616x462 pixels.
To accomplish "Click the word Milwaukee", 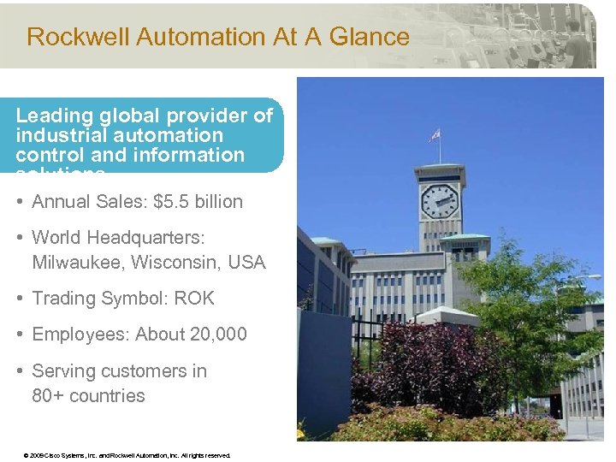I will [x=78, y=263].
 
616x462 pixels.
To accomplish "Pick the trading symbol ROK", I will [x=194, y=299].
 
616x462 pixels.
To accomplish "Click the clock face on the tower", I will [x=440, y=202].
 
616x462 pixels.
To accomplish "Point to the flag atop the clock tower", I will [x=434, y=135].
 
